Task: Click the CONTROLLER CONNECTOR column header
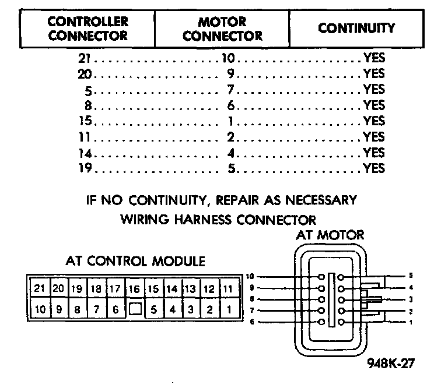tap(87, 28)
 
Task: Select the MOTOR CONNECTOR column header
tap(222, 28)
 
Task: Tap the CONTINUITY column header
tap(356, 28)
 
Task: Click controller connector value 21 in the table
tap(85, 58)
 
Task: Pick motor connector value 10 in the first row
tap(228, 58)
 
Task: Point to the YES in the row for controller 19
tap(374, 168)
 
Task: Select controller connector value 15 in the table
tap(85, 121)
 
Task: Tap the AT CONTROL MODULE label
tap(135, 260)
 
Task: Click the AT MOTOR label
tap(330, 235)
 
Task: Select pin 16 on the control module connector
tap(134, 288)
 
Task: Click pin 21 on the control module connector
tap(40, 288)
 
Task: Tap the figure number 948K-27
tap(391, 363)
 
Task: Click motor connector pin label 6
tap(251, 322)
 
